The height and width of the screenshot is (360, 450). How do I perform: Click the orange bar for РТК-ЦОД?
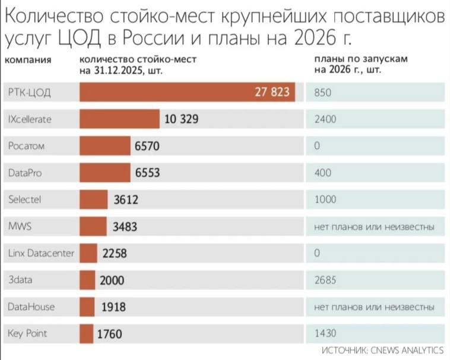tap(187, 93)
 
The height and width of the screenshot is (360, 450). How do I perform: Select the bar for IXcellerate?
tap(119, 119)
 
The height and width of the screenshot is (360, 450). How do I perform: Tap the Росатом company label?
tap(27, 146)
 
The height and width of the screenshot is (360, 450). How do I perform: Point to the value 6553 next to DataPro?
tap(148, 173)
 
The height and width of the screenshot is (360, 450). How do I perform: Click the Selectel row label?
tap(25, 200)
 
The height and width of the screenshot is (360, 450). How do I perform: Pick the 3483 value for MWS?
tap(126, 227)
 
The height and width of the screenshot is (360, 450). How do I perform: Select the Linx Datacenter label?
tap(42, 253)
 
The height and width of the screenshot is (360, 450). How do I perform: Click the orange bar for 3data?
tap(87, 280)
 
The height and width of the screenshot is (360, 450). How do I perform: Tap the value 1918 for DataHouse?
tap(114, 307)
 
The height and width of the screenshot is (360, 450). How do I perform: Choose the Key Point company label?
tap(28, 334)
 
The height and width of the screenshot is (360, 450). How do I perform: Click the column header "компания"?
tap(28, 60)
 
